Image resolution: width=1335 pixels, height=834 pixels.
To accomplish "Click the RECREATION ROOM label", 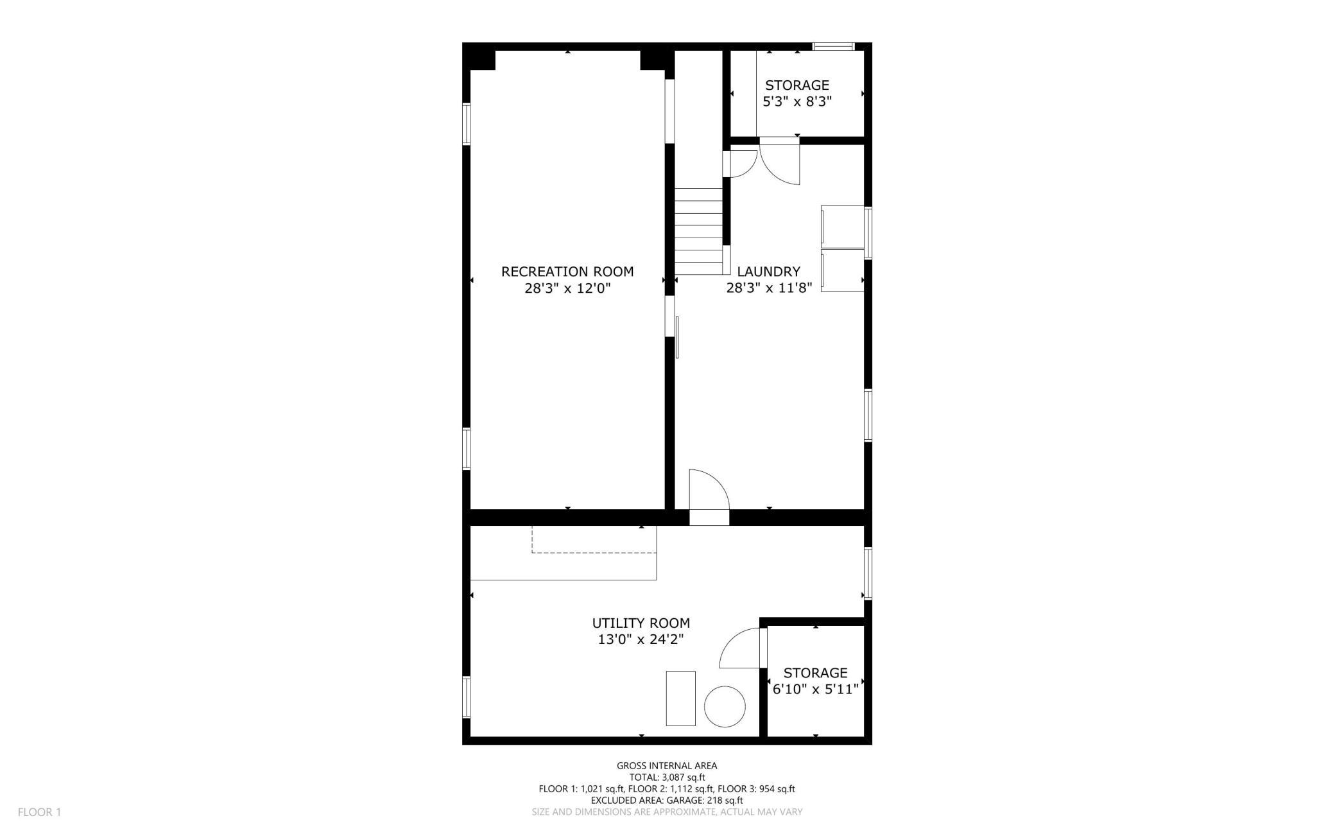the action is [x=567, y=272].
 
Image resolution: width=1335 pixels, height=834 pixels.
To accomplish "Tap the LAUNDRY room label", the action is [x=769, y=272].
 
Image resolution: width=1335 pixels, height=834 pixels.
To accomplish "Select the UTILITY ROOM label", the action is [x=641, y=623].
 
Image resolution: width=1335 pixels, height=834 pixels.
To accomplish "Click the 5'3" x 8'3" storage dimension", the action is [x=797, y=101].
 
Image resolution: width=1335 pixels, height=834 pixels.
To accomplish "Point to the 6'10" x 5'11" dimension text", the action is [x=815, y=690].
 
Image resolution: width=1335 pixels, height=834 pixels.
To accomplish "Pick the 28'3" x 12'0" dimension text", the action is [x=567, y=288].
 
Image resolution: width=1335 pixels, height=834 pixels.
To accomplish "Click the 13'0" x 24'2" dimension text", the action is [x=641, y=639].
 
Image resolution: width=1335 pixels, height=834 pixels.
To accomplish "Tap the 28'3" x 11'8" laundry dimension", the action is [x=769, y=288].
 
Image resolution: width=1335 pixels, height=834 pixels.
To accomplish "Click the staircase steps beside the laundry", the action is [x=699, y=231].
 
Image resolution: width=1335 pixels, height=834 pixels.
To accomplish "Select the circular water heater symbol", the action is [x=725, y=706].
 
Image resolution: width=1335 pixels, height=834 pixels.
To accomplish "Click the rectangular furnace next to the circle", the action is [x=680, y=698].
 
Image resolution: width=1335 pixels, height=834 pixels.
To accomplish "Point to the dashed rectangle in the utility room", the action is [x=594, y=539].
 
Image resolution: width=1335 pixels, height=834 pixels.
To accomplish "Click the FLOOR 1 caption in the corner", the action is [x=39, y=812].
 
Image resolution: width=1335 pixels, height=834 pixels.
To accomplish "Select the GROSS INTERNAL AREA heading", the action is [x=667, y=765].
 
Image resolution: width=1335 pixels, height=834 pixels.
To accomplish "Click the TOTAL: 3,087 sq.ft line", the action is [x=667, y=777].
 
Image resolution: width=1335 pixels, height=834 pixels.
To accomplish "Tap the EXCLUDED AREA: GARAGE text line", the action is [x=667, y=800].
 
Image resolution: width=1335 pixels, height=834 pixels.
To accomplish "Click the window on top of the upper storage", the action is [x=834, y=46].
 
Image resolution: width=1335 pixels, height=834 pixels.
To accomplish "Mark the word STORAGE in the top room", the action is [x=797, y=85].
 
